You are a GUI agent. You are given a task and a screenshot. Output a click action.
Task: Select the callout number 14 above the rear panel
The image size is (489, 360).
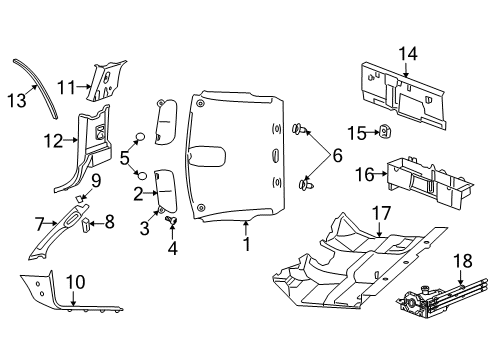407,55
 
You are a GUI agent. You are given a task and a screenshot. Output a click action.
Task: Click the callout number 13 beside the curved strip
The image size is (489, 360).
18,98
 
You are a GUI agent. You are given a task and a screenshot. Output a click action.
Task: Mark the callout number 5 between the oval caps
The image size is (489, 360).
124,158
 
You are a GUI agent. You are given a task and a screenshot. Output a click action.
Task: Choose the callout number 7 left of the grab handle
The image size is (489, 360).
40,222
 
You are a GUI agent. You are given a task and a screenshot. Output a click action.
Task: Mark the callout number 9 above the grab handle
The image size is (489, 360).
97,181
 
